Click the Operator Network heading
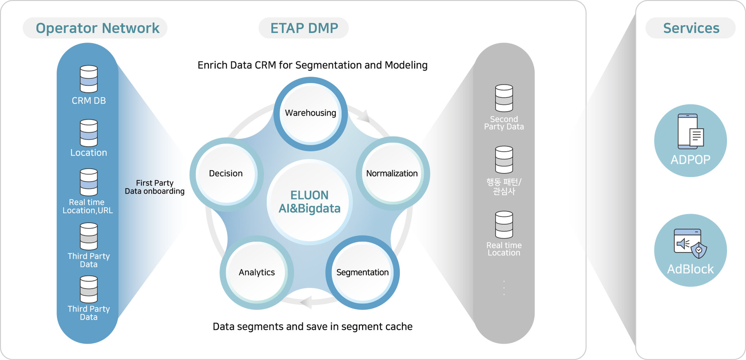(97, 28)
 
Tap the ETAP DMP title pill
(304, 28)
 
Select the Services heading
(691, 28)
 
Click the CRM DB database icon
(89, 79)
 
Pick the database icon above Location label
(89, 133)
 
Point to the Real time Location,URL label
(87, 206)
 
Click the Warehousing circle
(310, 113)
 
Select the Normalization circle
(392, 173)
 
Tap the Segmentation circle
(363, 272)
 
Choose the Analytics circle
(257, 272)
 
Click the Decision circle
(226, 173)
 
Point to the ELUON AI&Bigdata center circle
(310, 202)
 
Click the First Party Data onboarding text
(155, 187)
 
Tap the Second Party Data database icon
(504, 98)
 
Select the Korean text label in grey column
(504, 187)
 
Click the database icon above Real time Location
(504, 225)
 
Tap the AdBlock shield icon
(699, 250)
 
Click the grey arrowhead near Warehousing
(364, 115)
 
